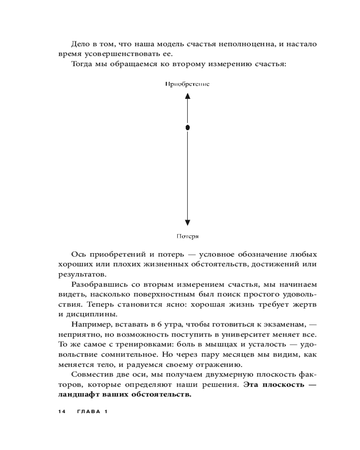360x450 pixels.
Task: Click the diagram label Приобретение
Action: [x=187, y=84]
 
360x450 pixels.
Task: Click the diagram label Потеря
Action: [x=187, y=236]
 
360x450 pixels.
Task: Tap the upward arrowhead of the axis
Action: [x=188, y=95]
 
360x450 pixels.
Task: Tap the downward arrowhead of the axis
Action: [x=188, y=222]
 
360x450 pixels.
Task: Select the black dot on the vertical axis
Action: [x=188, y=128]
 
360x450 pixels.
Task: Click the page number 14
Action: [x=62, y=412]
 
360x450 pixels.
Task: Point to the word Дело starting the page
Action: [x=81, y=44]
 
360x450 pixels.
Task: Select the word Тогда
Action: [x=82, y=64]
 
